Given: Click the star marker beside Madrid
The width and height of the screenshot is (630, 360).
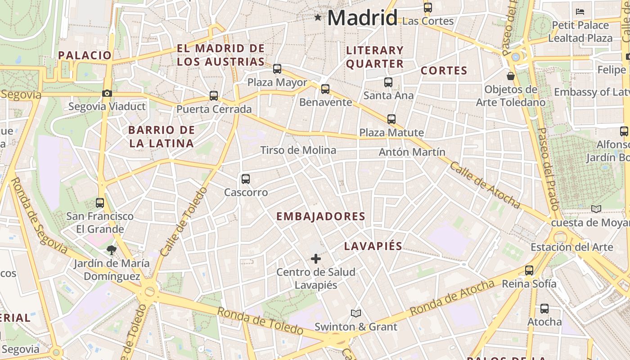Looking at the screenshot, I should point(318,18).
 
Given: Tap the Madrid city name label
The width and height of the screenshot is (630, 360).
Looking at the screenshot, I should point(362,18).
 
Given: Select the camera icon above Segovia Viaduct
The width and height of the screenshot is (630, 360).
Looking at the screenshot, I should point(107,94).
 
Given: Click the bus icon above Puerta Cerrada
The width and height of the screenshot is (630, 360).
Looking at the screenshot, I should point(214,96).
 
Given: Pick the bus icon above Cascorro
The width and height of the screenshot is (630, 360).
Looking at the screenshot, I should point(246,179).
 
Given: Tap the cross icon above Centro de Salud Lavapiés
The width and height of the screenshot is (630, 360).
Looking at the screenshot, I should point(316,259).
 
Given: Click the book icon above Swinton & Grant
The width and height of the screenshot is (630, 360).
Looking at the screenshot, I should point(356,313).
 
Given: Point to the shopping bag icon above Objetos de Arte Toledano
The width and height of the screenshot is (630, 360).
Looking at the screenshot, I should point(511,76).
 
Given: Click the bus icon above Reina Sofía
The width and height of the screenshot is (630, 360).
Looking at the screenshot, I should point(529,270).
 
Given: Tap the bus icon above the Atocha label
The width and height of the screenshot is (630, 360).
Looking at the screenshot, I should point(544,309).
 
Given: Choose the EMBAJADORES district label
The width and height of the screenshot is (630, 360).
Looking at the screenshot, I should point(321,216).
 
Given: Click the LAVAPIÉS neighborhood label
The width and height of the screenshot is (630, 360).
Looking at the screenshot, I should point(373,246).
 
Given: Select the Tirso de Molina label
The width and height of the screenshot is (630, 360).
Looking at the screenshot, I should point(298,150).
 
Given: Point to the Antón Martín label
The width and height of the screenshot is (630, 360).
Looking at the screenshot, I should point(412,152).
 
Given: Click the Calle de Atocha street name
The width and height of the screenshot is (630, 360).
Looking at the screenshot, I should point(485,185).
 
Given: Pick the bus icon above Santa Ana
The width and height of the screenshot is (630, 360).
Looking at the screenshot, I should point(388,82).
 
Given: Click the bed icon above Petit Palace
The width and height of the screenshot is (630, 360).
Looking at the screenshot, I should point(580,11).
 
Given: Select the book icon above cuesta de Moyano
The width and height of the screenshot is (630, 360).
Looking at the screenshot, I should point(596,209).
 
